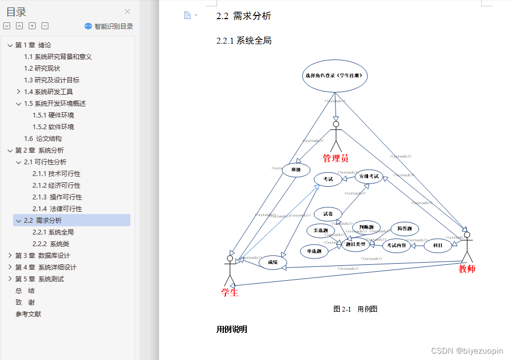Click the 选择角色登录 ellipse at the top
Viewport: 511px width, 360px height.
coord(335,76)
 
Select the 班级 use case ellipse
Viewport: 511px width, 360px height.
coord(296,170)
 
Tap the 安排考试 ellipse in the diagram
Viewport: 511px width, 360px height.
coord(368,176)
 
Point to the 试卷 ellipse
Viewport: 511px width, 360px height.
coord(328,214)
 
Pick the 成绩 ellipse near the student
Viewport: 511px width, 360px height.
coord(273,262)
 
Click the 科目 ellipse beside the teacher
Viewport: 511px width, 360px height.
coord(438,245)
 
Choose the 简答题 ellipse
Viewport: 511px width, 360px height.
coord(405,229)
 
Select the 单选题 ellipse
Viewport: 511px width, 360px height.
coord(314,251)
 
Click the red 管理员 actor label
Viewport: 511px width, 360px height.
coord(336,158)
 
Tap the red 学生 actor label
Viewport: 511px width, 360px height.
coord(230,291)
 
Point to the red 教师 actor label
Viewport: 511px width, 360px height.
coord(467,269)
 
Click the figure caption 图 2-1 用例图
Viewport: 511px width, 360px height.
coord(355,309)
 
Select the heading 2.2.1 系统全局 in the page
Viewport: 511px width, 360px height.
coord(244,40)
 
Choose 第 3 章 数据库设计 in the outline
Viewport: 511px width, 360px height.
coord(43,255)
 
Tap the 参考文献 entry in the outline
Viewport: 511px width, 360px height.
coord(28,314)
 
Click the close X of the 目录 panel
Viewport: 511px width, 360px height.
coord(127,12)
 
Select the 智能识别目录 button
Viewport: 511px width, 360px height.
coord(109,26)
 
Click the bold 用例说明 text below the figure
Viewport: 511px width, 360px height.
coord(232,329)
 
